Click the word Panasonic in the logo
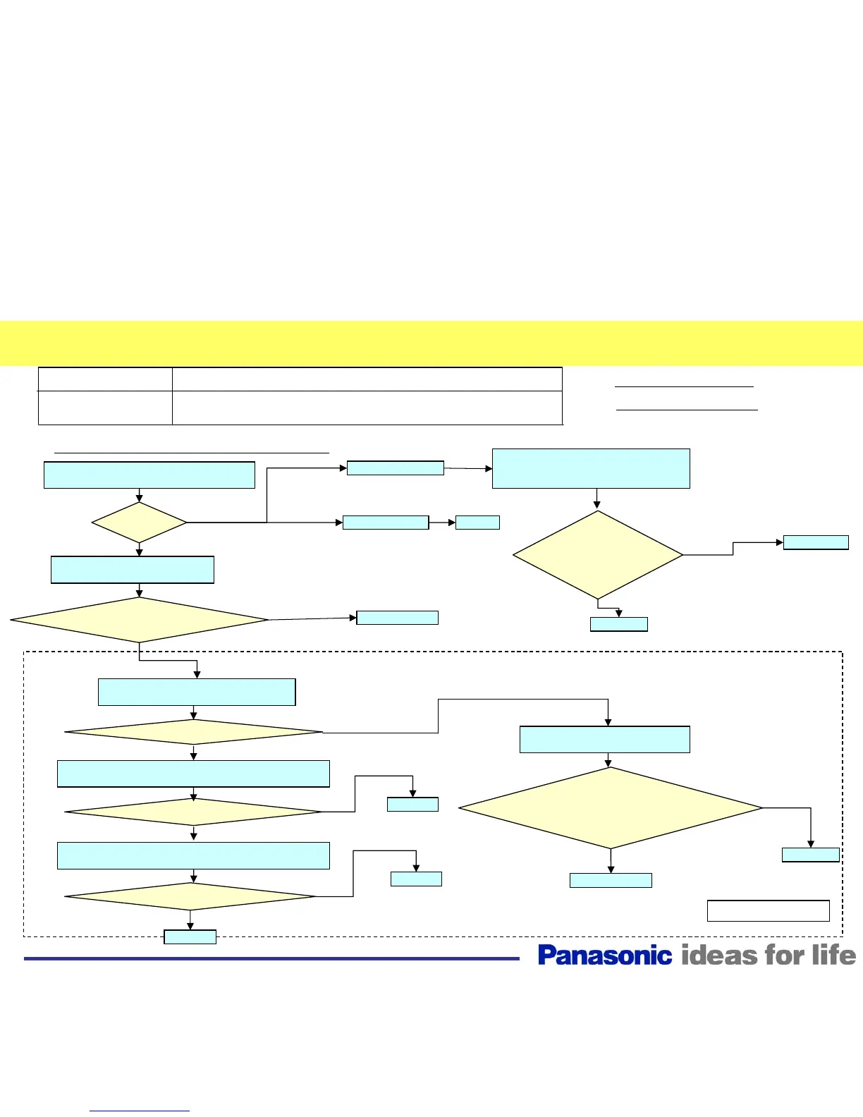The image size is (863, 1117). click(x=604, y=956)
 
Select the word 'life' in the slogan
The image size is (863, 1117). click(x=833, y=956)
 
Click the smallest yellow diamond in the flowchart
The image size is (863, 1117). click(x=139, y=523)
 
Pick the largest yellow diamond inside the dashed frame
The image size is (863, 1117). click(x=611, y=808)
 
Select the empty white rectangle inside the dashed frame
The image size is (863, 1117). click(x=768, y=910)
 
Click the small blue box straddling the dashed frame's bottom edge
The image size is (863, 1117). click(x=190, y=936)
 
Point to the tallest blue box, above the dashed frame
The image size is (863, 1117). click(x=591, y=468)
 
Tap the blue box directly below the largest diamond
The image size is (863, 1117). click(x=611, y=880)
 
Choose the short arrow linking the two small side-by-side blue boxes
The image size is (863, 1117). click(x=442, y=523)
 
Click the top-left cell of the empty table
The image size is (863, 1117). click(x=105, y=379)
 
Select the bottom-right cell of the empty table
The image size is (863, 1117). click(x=367, y=408)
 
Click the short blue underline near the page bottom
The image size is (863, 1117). click(x=140, y=1111)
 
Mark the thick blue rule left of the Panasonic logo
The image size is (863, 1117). click(x=271, y=958)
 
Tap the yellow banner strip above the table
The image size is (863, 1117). click(x=432, y=343)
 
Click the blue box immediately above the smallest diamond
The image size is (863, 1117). click(x=149, y=475)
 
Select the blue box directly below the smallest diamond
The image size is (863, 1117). click(x=133, y=570)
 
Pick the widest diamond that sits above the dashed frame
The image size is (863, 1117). click(x=139, y=620)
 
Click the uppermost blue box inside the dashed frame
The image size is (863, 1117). click(x=197, y=692)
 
